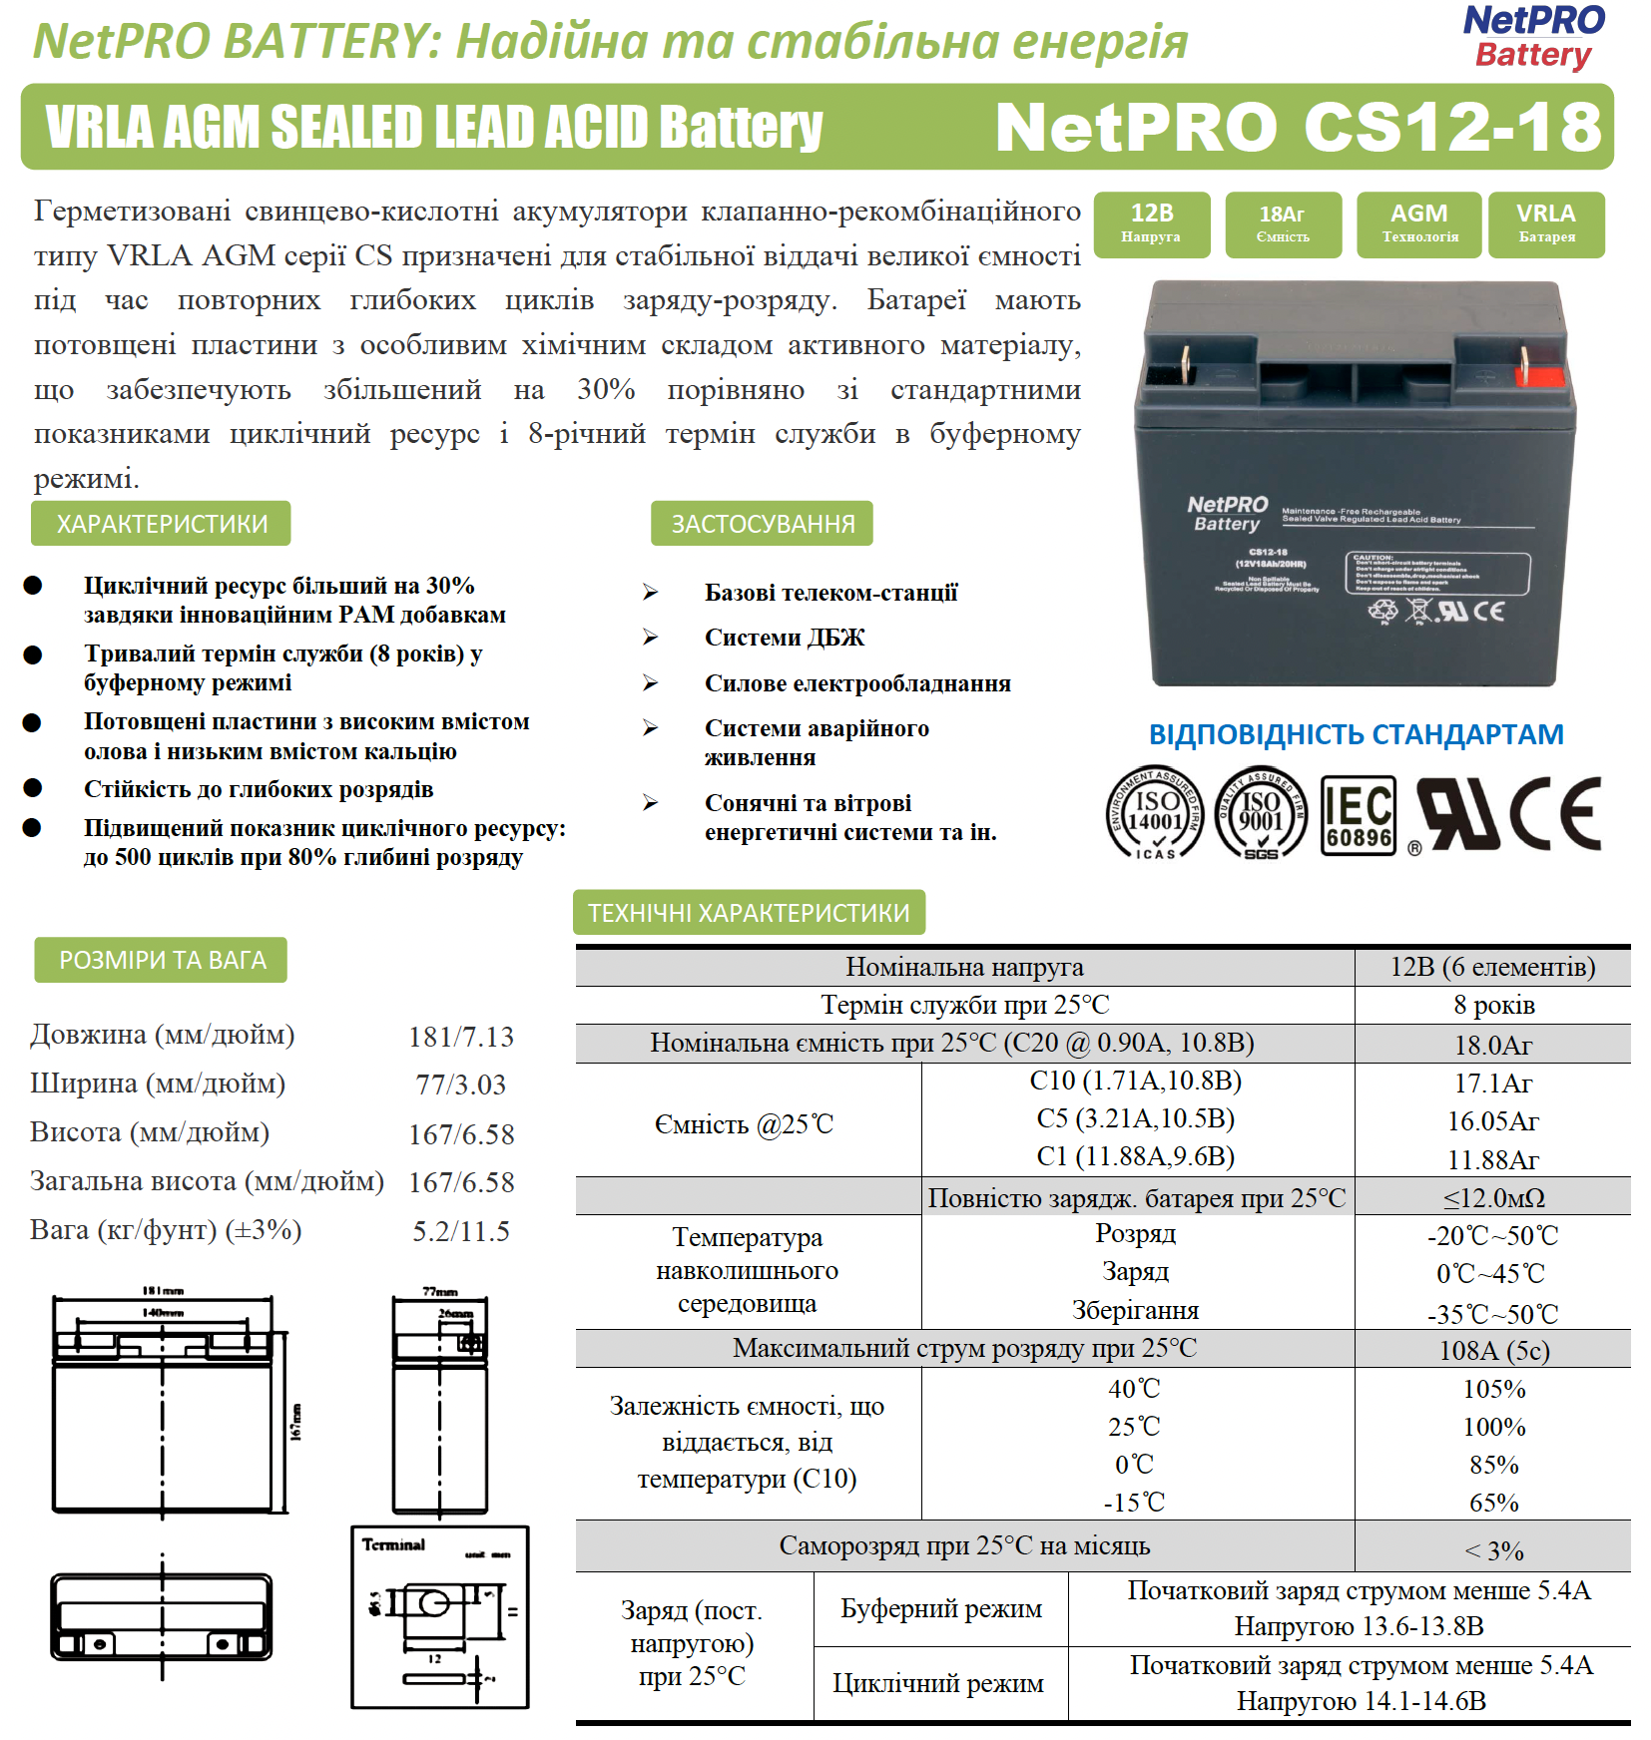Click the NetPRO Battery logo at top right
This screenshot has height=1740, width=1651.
point(1533,37)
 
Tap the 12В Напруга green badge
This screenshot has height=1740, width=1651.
point(1152,224)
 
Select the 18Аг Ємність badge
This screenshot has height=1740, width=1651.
point(1283,224)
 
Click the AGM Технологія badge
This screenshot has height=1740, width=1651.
point(1419,224)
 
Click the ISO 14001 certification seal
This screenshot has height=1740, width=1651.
point(1155,814)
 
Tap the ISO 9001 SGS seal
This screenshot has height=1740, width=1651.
point(1261,814)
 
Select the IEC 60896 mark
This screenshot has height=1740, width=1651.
point(1359,814)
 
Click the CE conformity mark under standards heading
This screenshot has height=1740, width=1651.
point(1556,814)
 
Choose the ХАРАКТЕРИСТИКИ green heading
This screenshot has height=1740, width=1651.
point(162,524)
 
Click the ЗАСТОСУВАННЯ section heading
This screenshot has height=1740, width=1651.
point(763,524)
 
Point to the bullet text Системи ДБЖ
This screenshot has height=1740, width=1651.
point(785,638)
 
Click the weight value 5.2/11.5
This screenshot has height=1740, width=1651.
point(461,1231)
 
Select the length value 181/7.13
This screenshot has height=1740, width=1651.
point(461,1038)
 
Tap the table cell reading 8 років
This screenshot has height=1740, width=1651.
point(1493,1006)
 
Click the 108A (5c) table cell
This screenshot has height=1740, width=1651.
point(1493,1351)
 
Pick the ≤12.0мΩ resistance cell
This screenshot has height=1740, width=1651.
point(1493,1198)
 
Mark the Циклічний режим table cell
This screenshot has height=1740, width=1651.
point(938,1684)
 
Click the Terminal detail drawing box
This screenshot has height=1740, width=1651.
point(440,1616)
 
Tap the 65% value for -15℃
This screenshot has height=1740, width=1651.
point(1493,1503)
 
